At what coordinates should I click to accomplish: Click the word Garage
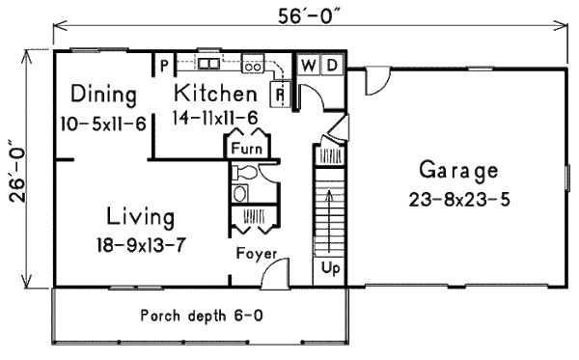point(458,172)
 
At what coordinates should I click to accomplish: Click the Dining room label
point(102,94)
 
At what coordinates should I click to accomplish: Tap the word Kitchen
point(215,94)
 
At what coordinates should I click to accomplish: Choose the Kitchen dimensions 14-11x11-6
point(217,118)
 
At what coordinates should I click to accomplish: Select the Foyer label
point(258,254)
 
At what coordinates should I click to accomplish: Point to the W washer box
point(308,66)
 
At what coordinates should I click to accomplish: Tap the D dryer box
point(330,66)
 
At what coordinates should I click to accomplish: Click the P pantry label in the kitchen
point(165,66)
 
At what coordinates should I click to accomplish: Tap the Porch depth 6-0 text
point(198,315)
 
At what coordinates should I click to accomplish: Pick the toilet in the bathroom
point(242,174)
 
